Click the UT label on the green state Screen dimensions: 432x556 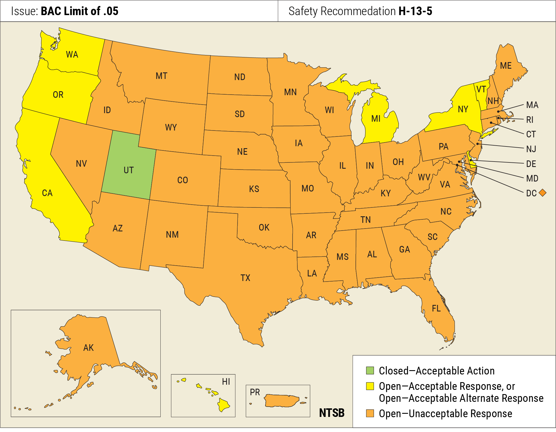pos(129,170)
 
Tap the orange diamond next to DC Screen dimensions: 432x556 pos(543,193)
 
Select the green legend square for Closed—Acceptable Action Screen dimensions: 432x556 pos(370,370)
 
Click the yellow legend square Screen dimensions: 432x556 pos(370,386)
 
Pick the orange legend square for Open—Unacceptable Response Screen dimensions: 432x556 pos(370,413)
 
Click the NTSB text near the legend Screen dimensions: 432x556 pos(332,413)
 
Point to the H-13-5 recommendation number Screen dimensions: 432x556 pos(415,11)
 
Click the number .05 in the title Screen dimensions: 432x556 pos(111,11)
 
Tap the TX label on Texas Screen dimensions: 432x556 pos(245,278)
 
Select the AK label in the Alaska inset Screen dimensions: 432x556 pos(88,348)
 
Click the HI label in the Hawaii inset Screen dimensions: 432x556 pos(226,382)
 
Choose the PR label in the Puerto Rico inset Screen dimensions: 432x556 pos(255,392)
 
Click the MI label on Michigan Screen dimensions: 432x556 pos(376,119)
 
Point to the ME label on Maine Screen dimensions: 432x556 pos(506,66)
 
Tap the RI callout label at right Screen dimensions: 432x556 pos(530,120)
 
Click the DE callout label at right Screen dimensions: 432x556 pos(531,164)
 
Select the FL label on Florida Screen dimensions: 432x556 pos(436,308)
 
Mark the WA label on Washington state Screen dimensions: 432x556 pos(72,54)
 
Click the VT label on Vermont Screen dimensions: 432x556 pos(481,89)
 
